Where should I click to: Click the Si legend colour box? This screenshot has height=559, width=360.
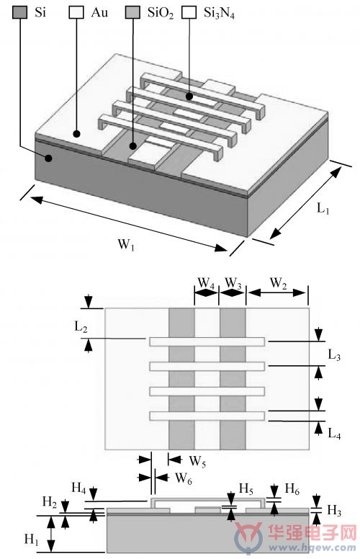[x=19, y=12]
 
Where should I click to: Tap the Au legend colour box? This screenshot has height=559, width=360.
[x=76, y=12]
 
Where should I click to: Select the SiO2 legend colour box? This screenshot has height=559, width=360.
[x=132, y=12]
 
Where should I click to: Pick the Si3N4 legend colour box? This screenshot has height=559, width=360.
[x=189, y=12]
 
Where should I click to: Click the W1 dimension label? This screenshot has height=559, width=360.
[x=126, y=245]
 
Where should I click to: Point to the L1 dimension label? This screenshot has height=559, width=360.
[x=323, y=208]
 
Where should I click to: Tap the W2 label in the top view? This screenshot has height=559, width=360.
[x=279, y=283]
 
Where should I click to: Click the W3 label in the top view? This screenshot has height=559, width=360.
[x=233, y=283]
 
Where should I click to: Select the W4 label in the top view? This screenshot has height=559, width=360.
[x=206, y=283]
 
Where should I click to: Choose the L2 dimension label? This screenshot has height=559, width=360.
[x=81, y=326]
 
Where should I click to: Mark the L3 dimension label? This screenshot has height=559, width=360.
[x=334, y=355]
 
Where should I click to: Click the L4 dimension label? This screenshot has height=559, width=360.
[x=334, y=434]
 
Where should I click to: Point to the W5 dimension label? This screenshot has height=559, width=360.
[x=197, y=461]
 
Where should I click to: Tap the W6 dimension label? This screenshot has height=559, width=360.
[x=183, y=478]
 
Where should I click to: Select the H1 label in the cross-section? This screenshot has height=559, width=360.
[x=31, y=539]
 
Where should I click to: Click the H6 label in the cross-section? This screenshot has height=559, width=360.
[x=292, y=489]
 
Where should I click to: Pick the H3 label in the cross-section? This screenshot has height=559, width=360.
[x=334, y=510]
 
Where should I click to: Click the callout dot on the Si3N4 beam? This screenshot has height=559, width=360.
[x=189, y=97]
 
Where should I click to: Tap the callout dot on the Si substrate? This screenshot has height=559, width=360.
[x=49, y=157]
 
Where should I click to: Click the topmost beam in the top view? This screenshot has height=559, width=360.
[x=207, y=341]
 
